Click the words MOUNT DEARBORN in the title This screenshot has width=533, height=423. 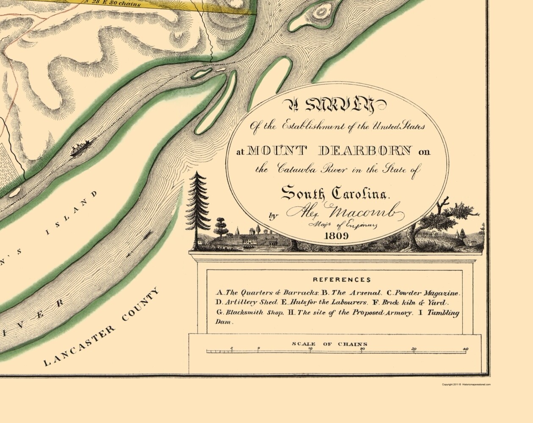click(x=330, y=150)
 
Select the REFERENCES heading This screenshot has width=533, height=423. click(x=342, y=280)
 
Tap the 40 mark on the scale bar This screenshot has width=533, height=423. click(x=466, y=349)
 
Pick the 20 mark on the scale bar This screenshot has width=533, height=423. click(x=362, y=349)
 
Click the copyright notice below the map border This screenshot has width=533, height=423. click(x=466, y=385)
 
